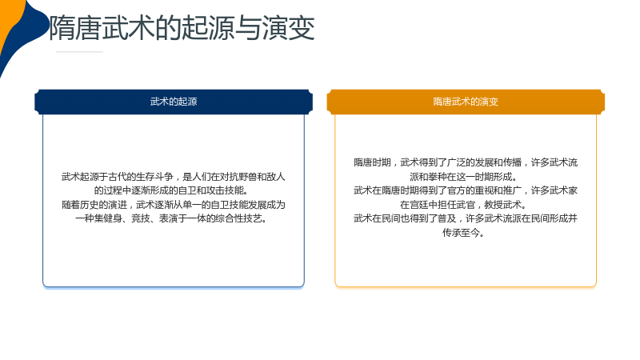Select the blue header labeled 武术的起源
(x=174, y=102)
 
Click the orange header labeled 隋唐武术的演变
(x=466, y=102)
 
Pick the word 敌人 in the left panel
(x=276, y=177)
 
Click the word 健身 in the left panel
(x=113, y=218)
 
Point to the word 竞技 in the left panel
(x=141, y=218)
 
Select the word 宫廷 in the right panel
(x=419, y=205)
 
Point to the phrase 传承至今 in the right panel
(x=462, y=233)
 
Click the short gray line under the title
(x=79, y=52)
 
